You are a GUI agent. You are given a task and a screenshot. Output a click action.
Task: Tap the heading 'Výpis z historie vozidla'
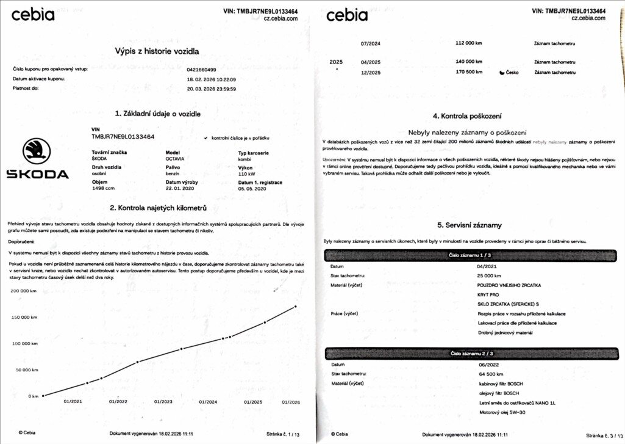(157, 51)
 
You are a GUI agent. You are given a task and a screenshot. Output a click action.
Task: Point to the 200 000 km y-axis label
(24, 291)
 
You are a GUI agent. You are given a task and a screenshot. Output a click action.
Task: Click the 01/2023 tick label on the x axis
(163, 402)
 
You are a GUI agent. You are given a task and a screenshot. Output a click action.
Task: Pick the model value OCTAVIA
(175, 159)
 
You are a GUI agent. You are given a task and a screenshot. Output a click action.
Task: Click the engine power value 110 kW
(246, 173)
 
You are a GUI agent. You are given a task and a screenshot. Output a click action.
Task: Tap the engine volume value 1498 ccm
(102, 189)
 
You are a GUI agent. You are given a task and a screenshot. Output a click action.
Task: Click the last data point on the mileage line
(296, 306)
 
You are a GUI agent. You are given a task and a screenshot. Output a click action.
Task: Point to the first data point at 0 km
(43, 396)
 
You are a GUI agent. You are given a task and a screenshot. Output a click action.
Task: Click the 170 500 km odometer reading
(469, 72)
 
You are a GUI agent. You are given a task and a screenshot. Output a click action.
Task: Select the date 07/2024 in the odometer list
(370, 43)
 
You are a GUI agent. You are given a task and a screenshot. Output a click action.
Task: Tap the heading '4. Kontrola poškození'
(467, 115)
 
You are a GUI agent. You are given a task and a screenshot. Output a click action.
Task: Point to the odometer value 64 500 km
(491, 374)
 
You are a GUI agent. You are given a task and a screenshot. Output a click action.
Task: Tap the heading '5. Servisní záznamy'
(469, 225)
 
